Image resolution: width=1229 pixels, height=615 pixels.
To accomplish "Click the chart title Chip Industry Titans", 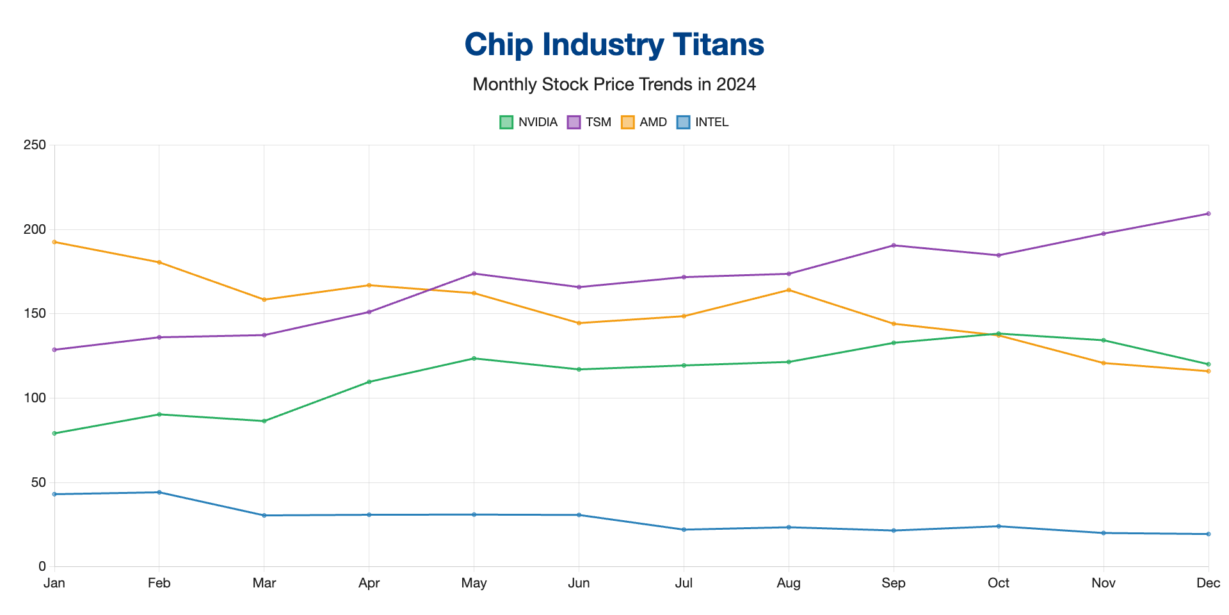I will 614,44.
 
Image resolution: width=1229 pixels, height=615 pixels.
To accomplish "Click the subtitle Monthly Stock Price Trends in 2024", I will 614,84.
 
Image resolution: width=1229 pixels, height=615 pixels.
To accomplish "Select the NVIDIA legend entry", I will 529,122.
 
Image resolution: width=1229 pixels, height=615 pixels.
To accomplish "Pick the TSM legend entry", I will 590,122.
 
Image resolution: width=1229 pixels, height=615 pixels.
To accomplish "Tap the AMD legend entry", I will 644,122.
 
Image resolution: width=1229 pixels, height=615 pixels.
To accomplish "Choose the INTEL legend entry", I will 703,122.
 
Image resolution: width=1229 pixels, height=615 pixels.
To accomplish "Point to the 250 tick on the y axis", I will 35,145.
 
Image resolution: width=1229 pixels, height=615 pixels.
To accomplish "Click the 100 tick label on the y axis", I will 35,398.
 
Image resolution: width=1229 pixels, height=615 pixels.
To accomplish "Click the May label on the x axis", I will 474,583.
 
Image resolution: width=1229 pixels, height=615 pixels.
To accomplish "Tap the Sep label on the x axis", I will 894,583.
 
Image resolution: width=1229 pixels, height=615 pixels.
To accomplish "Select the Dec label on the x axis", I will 1208,583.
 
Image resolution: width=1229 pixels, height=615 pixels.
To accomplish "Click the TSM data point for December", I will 1209,213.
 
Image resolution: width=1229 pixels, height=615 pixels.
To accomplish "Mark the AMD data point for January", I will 54,242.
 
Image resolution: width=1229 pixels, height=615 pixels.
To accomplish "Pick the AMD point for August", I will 789,290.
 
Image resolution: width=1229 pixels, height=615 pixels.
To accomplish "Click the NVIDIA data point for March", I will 264,421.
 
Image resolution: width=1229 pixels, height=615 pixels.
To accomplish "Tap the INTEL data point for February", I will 159,492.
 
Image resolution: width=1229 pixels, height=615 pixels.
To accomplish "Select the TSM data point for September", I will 894,245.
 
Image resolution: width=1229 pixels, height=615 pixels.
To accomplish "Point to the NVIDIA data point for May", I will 474,358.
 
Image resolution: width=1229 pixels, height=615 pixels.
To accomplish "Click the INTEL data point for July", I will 684,530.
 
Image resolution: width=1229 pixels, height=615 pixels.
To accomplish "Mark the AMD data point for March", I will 264,300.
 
